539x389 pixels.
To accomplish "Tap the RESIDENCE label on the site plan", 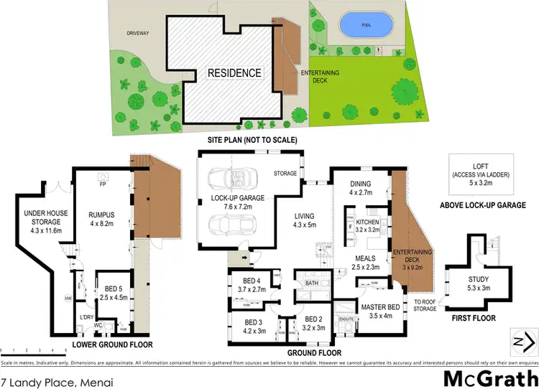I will tap(234, 73).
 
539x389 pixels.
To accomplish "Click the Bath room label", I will tap(311, 283).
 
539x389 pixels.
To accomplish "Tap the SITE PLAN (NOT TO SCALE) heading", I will tap(252, 140).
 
